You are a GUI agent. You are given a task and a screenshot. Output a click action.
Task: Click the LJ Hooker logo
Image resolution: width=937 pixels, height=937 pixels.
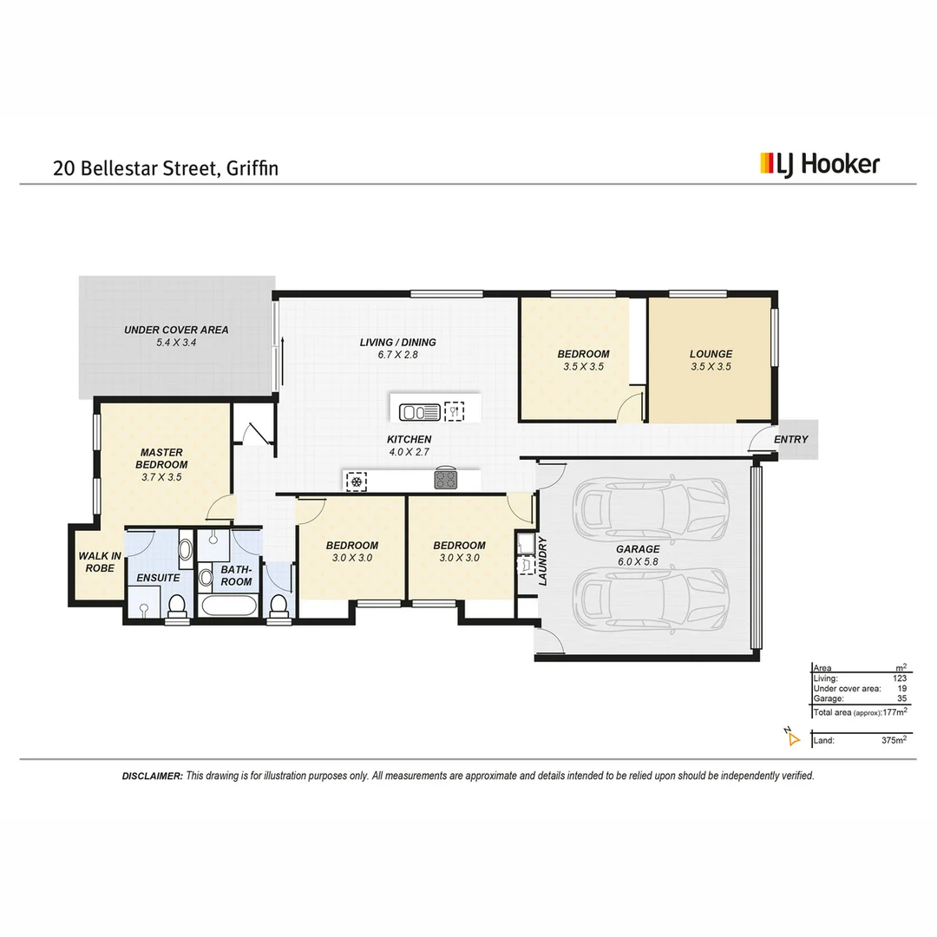click(x=819, y=163)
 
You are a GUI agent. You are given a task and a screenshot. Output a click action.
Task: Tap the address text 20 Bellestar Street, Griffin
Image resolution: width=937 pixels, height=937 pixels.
click(x=166, y=167)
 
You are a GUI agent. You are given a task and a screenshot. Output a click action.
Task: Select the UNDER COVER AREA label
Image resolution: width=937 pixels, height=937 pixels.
click(x=176, y=336)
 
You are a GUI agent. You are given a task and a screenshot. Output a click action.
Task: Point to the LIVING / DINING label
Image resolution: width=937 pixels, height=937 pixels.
click(x=397, y=348)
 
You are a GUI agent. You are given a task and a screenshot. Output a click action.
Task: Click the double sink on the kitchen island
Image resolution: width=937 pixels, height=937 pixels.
click(x=418, y=411)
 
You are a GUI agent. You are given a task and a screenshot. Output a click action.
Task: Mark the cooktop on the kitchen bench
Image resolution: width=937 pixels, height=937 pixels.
click(x=446, y=479)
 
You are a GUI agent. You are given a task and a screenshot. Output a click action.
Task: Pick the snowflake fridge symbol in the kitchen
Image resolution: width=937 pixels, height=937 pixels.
click(x=356, y=479)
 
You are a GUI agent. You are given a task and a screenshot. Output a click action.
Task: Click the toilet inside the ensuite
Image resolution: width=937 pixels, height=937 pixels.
click(x=177, y=606)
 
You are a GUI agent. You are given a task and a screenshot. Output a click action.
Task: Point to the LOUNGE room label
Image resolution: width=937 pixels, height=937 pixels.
click(x=711, y=360)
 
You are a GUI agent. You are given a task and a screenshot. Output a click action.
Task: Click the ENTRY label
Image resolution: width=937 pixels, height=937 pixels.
click(x=790, y=440)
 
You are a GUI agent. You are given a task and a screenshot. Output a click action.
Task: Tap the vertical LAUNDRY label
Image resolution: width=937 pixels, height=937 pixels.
click(x=543, y=561)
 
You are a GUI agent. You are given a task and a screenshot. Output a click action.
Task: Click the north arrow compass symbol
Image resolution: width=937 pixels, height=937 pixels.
click(x=791, y=737)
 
